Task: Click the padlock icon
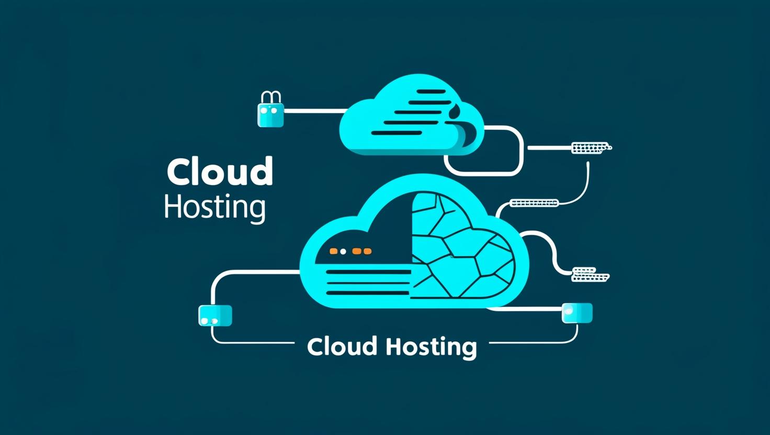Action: point(270,115)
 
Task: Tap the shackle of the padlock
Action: point(271,97)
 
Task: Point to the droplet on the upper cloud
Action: point(456,110)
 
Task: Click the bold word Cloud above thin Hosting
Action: point(220,171)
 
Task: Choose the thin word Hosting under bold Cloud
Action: point(214,208)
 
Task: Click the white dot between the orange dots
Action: point(343,251)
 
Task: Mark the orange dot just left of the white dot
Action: point(333,251)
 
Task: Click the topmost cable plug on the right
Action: point(591,148)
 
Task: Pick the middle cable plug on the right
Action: point(534,203)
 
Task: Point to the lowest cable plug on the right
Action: point(590,274)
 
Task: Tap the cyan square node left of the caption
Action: point(215,316)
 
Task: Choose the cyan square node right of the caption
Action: point(577,313)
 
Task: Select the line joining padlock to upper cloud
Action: point(314,111)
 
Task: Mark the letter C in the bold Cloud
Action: point(179,172)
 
